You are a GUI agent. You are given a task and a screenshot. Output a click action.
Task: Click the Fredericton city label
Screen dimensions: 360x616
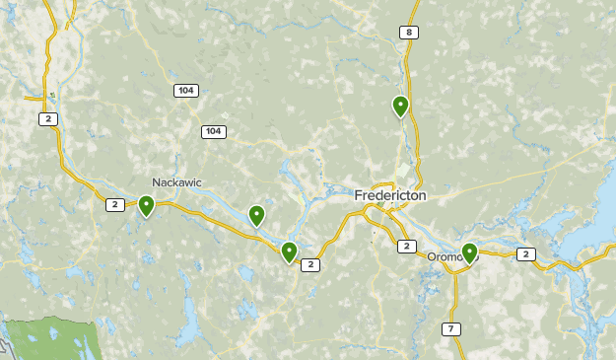pos(390,196)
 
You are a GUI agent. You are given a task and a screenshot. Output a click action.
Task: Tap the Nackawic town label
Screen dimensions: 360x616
pos(177,182)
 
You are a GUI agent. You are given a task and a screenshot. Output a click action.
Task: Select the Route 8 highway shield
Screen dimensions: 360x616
pos(408,33)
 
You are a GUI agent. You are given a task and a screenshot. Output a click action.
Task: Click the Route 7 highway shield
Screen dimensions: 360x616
pos(450,328)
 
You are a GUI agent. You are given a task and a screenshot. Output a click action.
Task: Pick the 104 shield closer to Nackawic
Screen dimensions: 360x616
pos(213,131)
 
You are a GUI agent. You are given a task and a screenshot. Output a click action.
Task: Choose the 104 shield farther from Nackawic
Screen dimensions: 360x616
pos(185,91)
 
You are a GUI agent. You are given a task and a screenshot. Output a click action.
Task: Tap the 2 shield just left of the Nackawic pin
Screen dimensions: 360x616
pos(115,204)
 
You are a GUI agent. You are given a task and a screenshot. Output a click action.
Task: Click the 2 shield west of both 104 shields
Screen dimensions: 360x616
pos(47,118)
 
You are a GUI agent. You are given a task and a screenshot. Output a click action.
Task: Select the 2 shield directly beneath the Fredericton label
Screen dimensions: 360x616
pos(406,246)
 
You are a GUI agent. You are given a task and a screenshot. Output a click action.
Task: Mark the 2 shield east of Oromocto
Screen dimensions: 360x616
pos(526,254)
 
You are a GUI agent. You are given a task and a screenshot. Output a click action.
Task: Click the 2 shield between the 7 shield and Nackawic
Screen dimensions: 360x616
pos(310,264)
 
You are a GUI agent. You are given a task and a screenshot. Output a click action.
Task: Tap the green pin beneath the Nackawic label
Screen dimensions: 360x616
pos(146,205)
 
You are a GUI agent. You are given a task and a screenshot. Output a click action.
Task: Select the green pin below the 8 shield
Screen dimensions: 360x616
pos(401,106)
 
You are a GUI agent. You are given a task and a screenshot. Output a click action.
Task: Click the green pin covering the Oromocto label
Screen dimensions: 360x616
pos(469,253)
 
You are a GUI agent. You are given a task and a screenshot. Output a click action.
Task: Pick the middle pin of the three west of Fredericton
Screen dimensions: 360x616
pos(257,215)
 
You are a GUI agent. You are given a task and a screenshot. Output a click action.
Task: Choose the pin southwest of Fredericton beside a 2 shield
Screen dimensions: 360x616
pos(289,252)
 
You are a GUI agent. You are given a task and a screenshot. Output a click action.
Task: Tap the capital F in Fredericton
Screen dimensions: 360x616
pos(359,196)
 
